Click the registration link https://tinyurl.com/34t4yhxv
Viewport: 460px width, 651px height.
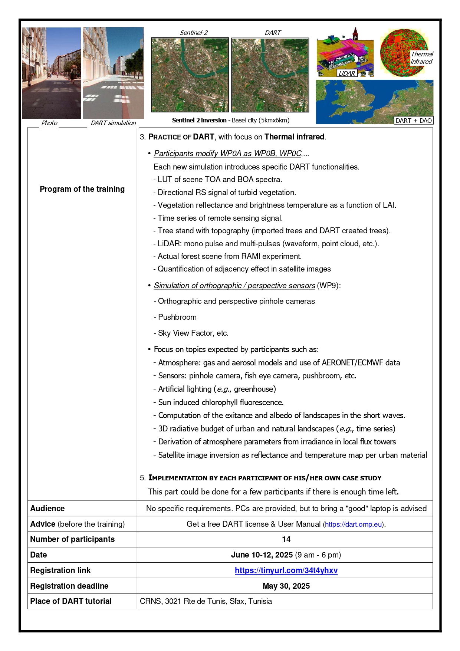click(286, 571)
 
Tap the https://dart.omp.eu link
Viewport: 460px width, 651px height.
click(354, 525)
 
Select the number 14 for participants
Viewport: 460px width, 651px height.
click(286, 539)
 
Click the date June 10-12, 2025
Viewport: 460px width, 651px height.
click(262, 555)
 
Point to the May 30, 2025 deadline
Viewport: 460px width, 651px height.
click(286, 586)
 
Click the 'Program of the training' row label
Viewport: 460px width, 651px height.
click(82, 189)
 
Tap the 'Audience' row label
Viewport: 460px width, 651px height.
click(47, 509)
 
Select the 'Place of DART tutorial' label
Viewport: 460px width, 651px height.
click(71, 601)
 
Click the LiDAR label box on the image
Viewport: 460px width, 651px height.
click(346, 73)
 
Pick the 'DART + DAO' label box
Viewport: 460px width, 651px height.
click(414, 121)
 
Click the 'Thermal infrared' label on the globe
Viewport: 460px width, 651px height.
click(422, 58)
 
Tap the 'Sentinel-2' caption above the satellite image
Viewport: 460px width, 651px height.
click(194, 33)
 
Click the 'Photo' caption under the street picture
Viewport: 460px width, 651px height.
click(49, 123)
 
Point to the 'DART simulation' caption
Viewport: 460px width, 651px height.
click(113, 123)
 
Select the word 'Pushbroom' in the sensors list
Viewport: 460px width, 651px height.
click(177, 317)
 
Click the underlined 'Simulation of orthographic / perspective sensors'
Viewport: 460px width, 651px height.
click(234, 286)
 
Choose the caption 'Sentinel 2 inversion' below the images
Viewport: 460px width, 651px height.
click(199, 120)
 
